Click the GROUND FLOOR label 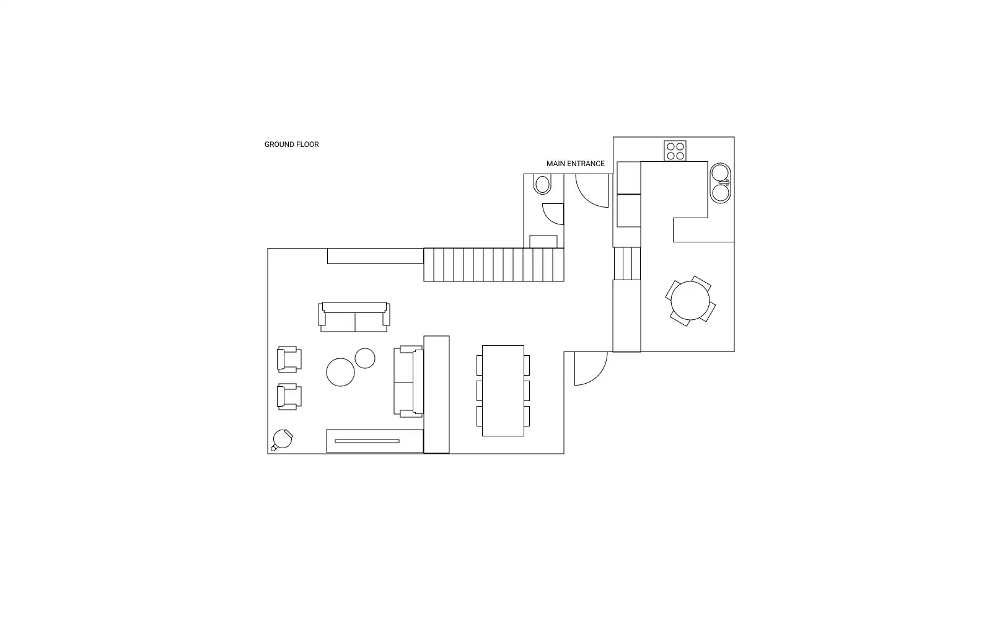(291, 144)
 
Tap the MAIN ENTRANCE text (575, 164)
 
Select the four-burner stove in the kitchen (675, 151)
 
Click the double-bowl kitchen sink (720, 183)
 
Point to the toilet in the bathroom (542, 184)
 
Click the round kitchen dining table (690, 301)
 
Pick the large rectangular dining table (503, 391)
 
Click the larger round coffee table (340, 372)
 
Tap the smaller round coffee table (365, 358)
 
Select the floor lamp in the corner (282, 439)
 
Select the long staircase (494, 265)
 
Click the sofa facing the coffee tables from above (354, 317)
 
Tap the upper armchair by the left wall (289, 360)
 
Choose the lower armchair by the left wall (289, 397)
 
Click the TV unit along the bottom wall (375, 441)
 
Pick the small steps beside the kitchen (626, 263)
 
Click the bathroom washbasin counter (543, 242)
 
